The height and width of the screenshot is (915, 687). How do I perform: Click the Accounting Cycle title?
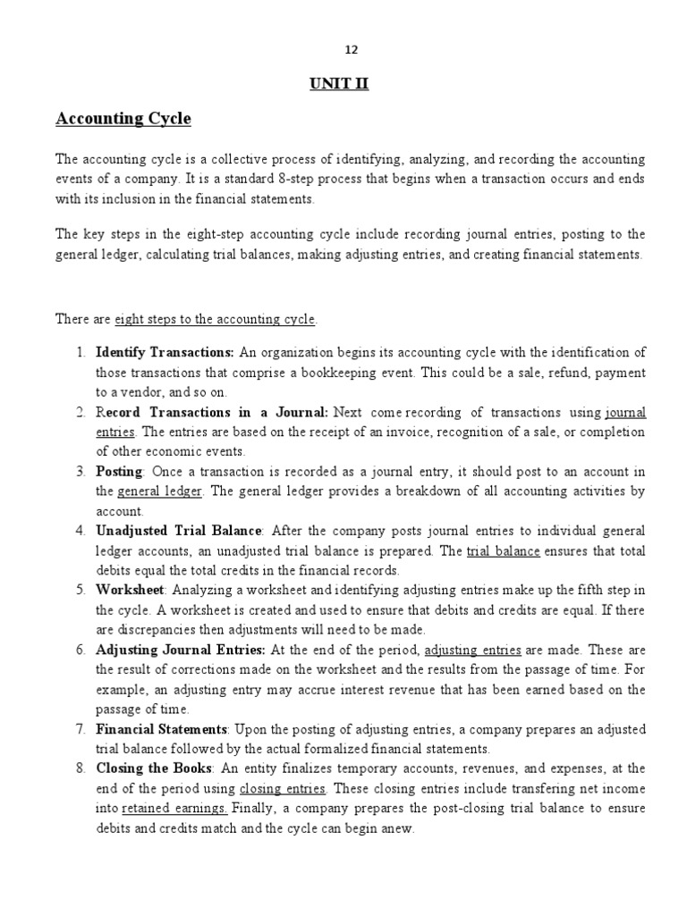click(x=123, y=119)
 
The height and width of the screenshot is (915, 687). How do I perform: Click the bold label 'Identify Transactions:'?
click(x=165, y=352)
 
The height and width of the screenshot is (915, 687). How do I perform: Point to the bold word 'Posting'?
click(x=119, y=472)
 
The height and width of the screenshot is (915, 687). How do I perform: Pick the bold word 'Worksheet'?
click(x=130, y=591)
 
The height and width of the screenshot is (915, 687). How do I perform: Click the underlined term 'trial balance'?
click(x=503, y=551)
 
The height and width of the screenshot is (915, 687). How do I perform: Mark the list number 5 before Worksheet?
click(x=80, y=591)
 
